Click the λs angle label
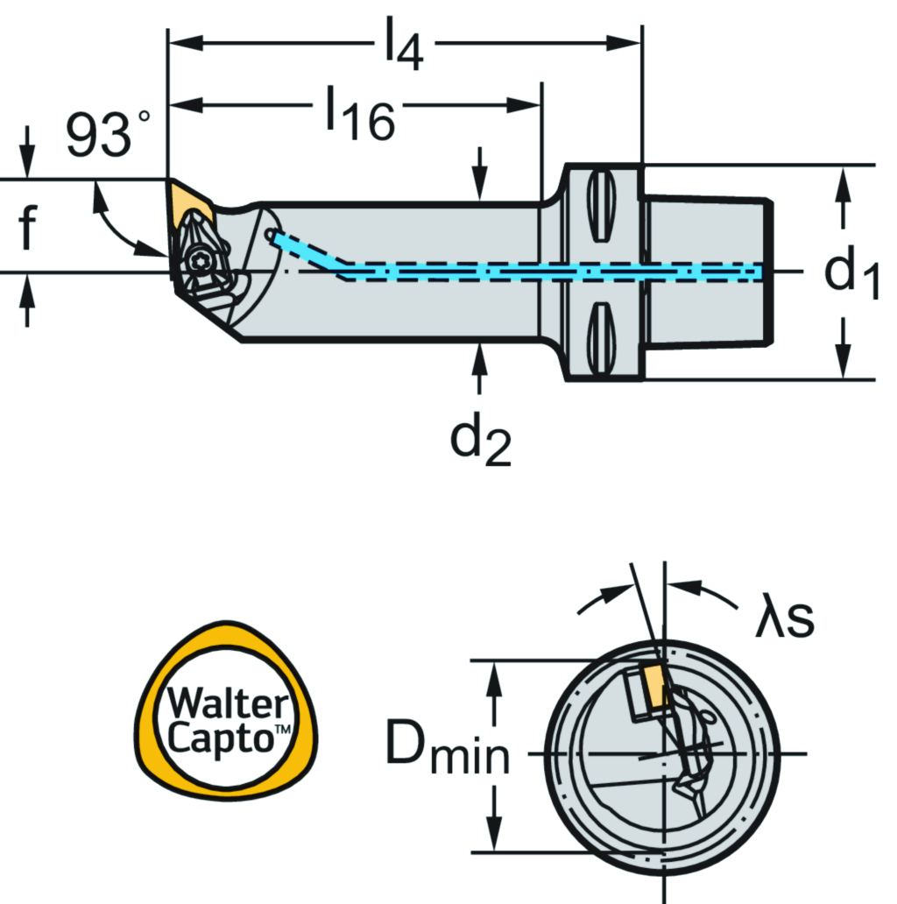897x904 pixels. tap(785, 618)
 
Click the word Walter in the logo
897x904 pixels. tap(215, 703)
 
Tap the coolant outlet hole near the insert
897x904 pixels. tap(272, 236)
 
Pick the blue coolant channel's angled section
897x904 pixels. tap(311, 253)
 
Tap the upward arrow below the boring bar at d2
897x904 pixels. tap(479, 368)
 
